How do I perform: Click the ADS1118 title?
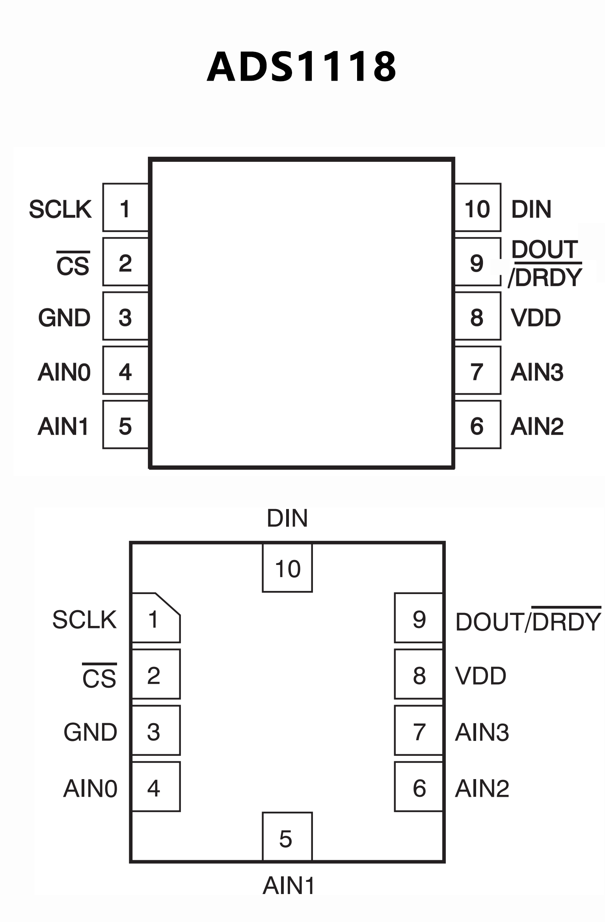click(302, 67)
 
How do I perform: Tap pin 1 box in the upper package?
click(125, 207)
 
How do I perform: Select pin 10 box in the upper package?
click(478, 207)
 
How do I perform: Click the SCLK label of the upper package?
click(60, 209)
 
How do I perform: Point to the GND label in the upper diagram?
click(64, 318)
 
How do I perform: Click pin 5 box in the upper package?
click(125, 425)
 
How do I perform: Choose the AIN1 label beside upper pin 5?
click(63, 426)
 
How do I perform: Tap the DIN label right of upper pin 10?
click(531, 209)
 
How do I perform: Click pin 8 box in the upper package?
click(478, 316)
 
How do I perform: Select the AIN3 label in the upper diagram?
click(537, 372)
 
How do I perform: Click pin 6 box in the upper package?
click(478, 425)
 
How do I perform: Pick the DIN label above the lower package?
click(287, 518)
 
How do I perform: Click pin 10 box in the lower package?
click(287, 568)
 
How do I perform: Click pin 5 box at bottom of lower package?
click(287, 837)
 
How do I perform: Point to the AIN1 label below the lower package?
click(289, 886)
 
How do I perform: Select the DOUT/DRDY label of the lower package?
click(528, 621)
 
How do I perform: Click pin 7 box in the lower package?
click(419, 731)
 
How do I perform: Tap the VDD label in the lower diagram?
click(480, 676)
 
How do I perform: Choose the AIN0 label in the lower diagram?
click(90, 789)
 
